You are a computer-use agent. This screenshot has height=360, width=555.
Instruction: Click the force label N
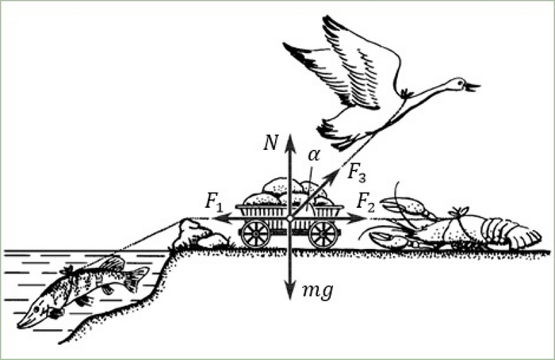(x=271, y=143)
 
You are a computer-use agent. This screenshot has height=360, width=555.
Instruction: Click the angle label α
(x=313, y=155)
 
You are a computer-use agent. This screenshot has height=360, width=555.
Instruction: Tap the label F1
(x=213, y=201)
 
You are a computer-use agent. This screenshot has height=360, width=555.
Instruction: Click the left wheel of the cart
(x=255, y=234)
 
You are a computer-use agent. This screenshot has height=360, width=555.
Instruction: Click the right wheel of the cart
(x=323, y=234)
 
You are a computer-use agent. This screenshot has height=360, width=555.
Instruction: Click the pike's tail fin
(x=137, y=278)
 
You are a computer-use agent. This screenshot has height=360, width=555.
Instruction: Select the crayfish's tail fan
(x=523, y=237)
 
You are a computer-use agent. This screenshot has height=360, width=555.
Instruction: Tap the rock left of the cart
(x=194, y=234)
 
